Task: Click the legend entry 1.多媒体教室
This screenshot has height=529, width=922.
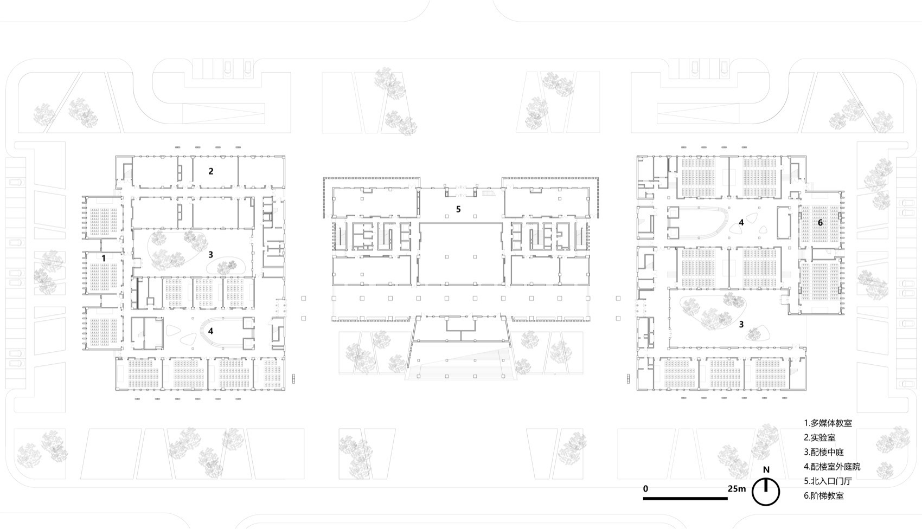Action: (x=828, y=423)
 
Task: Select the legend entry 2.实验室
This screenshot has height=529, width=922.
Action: (x=819, y=437)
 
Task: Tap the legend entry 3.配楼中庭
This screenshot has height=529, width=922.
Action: (x=824, y=452)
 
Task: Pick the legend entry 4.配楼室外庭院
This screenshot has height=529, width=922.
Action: (x=832, y=467)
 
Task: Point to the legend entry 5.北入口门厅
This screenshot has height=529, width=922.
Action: (x=828, y=481)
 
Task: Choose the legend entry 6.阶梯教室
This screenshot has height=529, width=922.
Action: (x=824, y=495)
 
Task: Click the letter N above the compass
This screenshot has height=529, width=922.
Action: (x=766, y=470)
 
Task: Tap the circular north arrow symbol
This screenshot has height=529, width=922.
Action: (x=766, y=492)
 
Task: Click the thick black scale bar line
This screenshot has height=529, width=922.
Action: (x=685, y=498)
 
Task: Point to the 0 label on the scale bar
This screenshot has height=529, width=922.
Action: (x=645, y=488)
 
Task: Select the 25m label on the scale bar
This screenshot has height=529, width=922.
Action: (x=737, y=488)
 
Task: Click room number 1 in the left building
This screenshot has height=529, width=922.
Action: (x=104, y=259)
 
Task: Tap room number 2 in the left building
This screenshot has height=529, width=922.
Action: (x=211, y=171)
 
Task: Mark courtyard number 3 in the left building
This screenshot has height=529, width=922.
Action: (x=210, y=254)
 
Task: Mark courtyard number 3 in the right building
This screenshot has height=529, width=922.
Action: (x=741, y=324)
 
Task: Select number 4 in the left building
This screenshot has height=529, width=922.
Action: (x=210, y=331)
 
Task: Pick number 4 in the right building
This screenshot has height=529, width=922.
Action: (x=741, y=222)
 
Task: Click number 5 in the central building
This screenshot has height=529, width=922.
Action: (x=458, y=209)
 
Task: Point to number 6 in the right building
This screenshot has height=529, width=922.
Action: (x=820, y=222)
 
